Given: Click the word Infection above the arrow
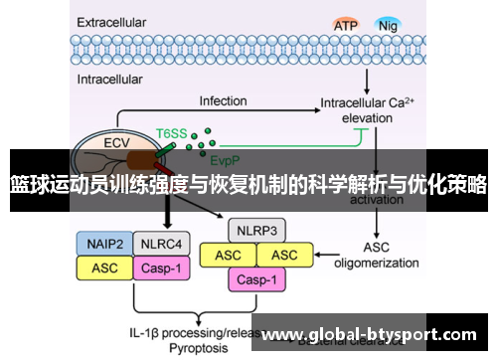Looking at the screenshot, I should point(223,101).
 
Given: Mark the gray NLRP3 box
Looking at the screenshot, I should point(257,232).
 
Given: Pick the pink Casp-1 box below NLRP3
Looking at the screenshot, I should point(257,280).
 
